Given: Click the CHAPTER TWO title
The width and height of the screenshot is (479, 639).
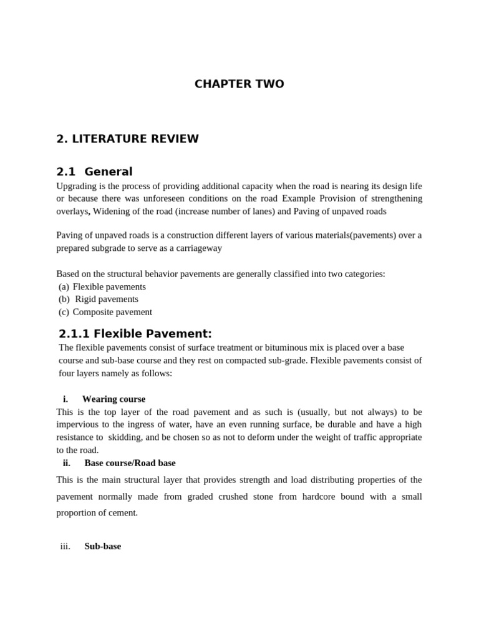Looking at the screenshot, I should [x=239, y=84].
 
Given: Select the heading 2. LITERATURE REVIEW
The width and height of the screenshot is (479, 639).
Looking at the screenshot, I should [x=127, y=139].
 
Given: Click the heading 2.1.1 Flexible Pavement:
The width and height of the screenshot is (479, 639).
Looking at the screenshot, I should [x=135, y=333].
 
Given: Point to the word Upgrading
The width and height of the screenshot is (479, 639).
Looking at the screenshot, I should [x=77, y=186].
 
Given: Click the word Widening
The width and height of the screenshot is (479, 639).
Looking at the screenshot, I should [x=113, y=211].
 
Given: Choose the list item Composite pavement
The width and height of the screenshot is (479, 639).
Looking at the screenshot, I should [x=112, y=312].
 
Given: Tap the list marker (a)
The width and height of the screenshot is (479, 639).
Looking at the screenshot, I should [x=64, y=286].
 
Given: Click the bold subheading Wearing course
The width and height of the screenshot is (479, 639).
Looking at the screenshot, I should [x=114, y=399].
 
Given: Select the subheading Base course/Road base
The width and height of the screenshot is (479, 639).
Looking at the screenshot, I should [x=130, y=463].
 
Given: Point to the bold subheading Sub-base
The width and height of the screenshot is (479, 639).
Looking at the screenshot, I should [x=103, y=546].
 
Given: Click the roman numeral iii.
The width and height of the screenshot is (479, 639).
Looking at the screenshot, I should [x=65, y=546].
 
